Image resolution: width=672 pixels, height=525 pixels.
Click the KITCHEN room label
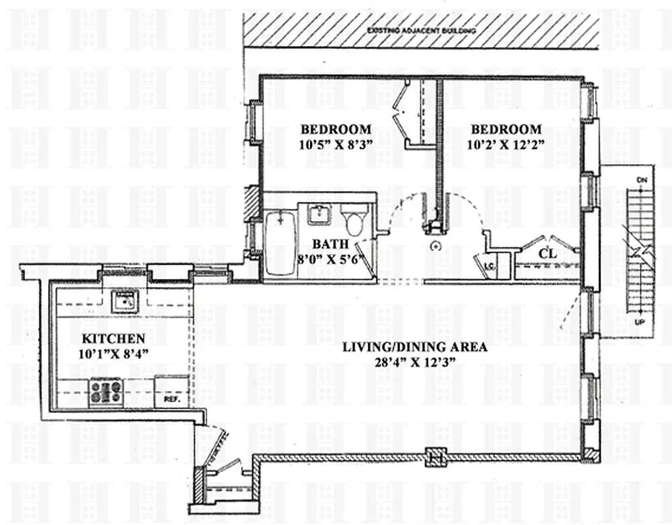[113, 339]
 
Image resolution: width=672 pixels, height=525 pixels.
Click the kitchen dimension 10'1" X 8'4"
[113, 354]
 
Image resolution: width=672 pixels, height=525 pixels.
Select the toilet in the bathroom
[357, 220]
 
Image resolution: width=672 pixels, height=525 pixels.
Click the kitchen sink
[123, 301]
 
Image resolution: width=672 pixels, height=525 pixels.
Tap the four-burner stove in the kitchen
[106, 392]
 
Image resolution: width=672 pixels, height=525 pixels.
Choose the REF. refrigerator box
[171, 398]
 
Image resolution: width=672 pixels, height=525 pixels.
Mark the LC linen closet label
[489, 266]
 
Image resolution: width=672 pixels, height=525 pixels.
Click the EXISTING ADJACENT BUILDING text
[420, 31]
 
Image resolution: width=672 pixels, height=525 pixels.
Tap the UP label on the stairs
[640, 323]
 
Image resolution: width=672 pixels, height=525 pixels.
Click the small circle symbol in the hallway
[434, 246]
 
